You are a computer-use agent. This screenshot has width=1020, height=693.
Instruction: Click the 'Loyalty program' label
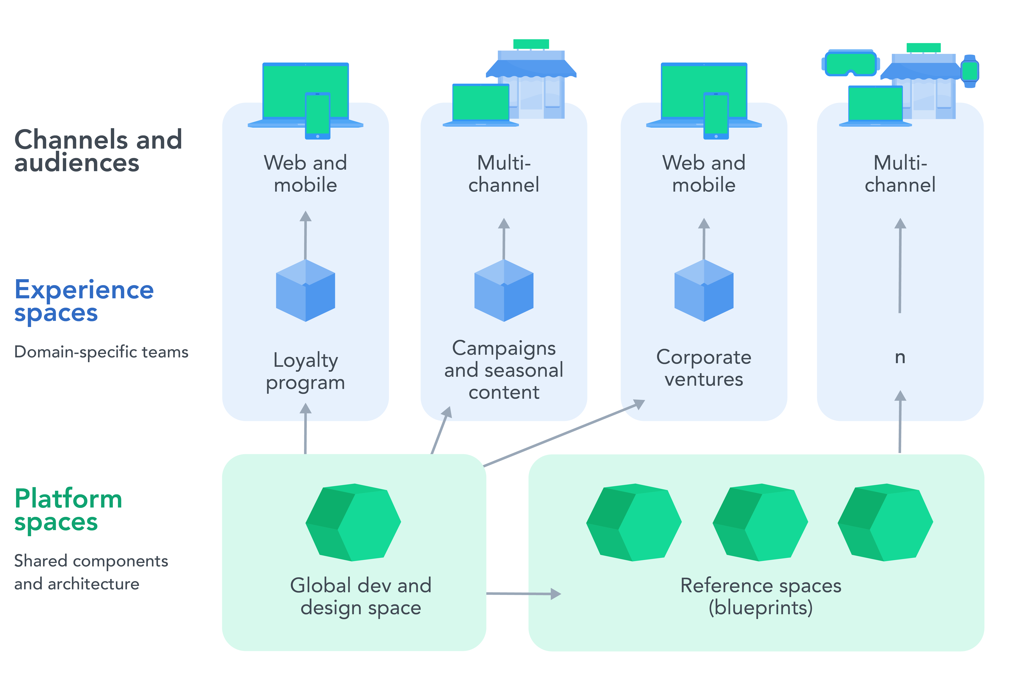305,371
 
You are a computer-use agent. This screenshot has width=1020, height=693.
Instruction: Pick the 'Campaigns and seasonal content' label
504,370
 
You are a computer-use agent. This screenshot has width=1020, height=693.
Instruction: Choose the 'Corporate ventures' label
704,368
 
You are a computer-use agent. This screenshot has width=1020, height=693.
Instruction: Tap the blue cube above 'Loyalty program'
305,290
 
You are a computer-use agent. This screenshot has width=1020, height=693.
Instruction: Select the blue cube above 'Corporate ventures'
704,290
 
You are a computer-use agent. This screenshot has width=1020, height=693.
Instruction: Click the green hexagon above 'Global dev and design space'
353,522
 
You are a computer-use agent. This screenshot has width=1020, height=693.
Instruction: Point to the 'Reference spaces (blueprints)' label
761,596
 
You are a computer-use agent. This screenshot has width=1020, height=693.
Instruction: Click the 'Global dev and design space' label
361,596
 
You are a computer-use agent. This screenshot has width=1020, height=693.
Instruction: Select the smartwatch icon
970,71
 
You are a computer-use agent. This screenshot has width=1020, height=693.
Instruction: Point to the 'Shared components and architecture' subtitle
91,572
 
